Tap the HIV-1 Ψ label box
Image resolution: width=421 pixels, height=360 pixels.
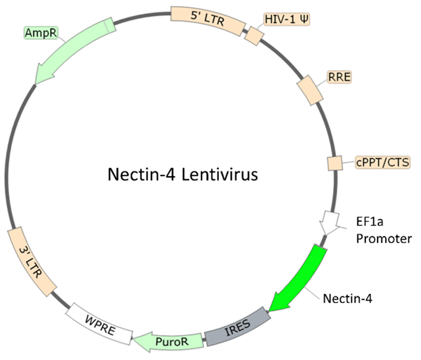pos(287,19)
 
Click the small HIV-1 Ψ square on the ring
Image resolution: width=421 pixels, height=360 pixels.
pos(254,35)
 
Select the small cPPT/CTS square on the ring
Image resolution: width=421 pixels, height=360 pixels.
pos(335,164)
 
